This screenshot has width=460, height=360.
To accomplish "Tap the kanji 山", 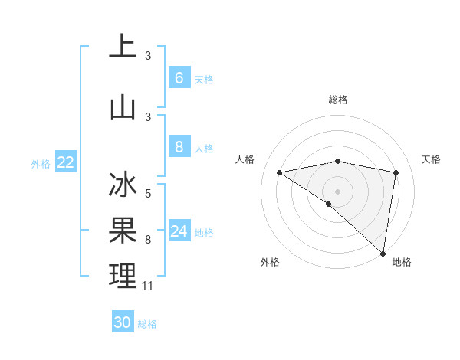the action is [123, 107].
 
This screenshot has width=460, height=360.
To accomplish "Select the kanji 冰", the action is [123, 186].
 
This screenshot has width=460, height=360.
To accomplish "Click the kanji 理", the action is [123, 276].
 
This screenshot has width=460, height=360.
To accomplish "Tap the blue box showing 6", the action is [179, 78].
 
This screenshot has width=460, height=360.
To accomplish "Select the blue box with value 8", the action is [179, 147].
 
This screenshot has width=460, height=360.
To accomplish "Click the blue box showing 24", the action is [179, 231].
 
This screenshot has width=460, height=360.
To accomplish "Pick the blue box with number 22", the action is [66, 162].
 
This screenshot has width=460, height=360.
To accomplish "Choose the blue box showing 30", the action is [123, 322].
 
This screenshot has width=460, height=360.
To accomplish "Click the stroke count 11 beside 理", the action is [148, 286].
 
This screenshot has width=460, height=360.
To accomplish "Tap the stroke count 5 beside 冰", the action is [148, 194].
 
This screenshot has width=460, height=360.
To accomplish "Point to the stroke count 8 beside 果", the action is [148, 240].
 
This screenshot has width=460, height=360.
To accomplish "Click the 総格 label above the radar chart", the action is [337, 100].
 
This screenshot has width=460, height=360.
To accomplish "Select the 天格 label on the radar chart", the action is [431, 159].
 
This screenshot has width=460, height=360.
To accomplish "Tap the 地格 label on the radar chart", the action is [402, 262].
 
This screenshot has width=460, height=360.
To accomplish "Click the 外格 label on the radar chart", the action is [270, 262].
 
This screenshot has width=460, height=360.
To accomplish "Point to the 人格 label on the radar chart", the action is [245, 159].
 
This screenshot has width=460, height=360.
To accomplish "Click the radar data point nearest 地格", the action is [383, 253].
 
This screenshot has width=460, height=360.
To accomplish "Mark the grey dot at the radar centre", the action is [337, 190].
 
